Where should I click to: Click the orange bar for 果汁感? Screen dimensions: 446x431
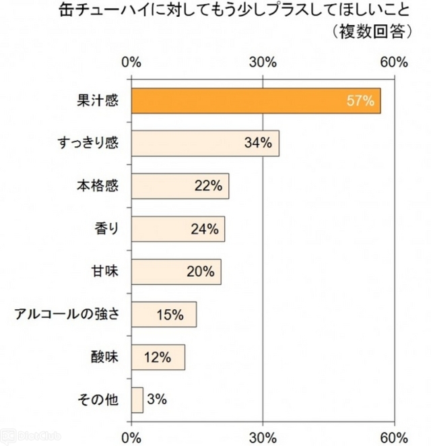coord(256,101)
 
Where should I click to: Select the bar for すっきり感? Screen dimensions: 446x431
coord(205,144)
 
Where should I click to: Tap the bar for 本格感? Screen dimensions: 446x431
coord(180,186)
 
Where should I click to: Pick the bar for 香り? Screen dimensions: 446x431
coord(178,229)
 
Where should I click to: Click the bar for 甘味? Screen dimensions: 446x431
coord(176,272)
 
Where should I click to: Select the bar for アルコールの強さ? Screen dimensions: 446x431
coord(164,314)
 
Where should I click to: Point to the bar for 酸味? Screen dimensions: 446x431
coord(158,356)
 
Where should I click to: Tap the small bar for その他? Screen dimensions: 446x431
coord(137,400)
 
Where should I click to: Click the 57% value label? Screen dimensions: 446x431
coord(360,101)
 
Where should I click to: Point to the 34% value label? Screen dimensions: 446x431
coord(257,144)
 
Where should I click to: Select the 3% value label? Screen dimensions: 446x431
coord(156,400)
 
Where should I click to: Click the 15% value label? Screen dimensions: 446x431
coord(170,314)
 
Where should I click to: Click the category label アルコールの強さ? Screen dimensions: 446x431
coord(67,314)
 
